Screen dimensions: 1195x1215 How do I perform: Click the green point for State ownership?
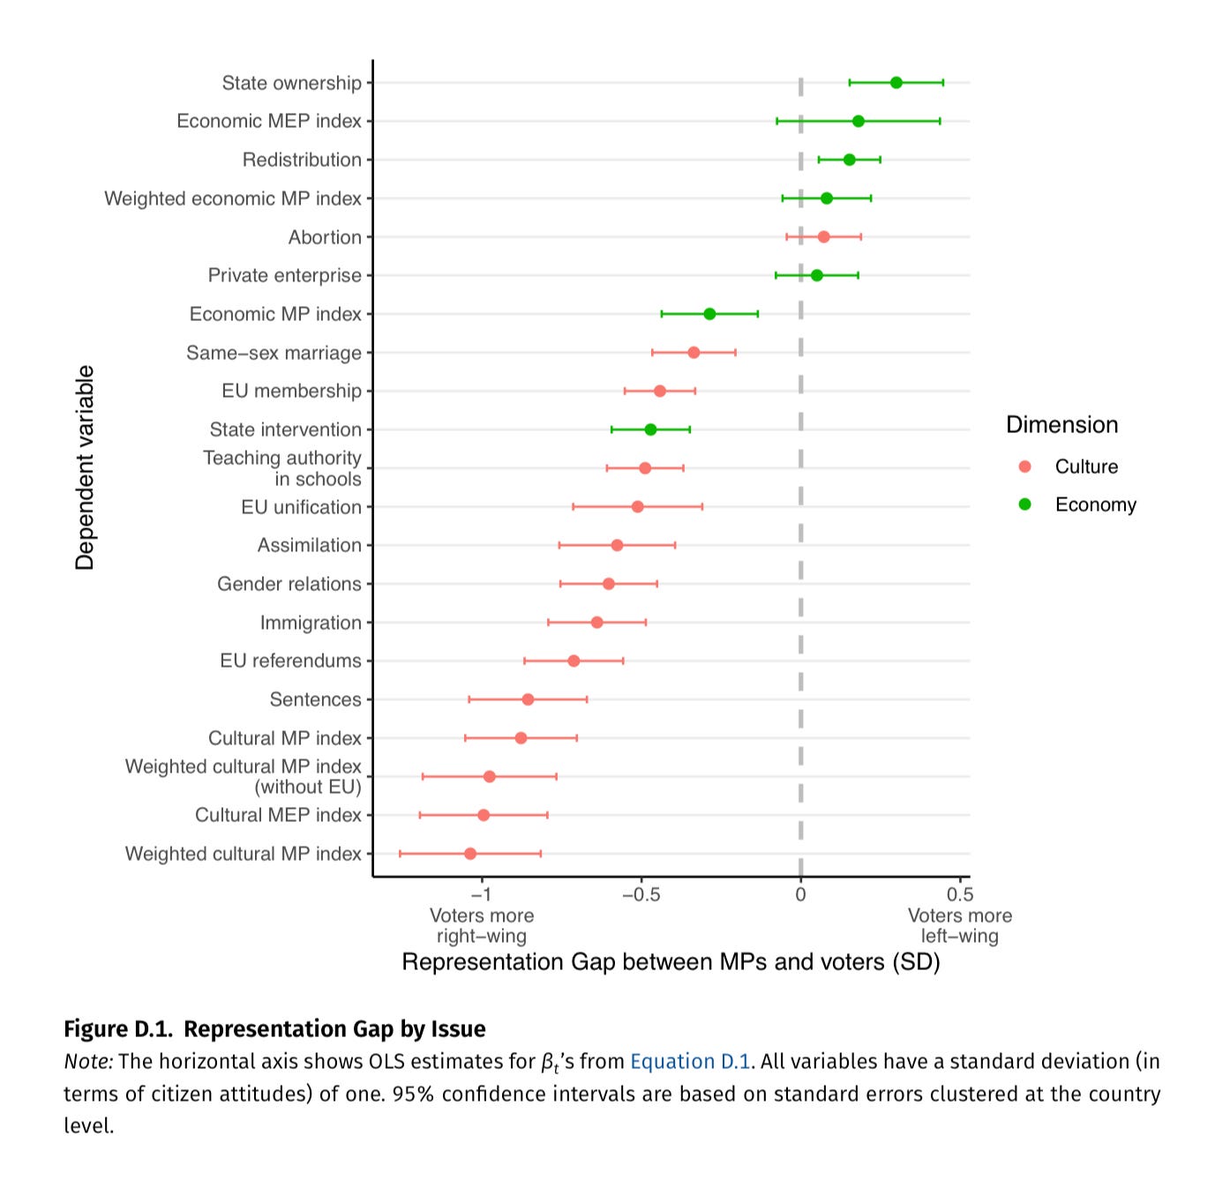(896, 83)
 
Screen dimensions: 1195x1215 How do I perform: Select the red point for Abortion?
(823, 237)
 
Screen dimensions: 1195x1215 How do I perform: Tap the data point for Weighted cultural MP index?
(470, 854)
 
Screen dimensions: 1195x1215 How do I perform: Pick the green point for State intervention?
(650, 429)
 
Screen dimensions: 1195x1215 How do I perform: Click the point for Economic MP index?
(709, 314)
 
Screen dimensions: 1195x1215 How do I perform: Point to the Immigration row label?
(311, 623)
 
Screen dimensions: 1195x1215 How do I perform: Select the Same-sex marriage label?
(274, 353)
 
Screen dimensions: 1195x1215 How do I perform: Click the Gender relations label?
(289, 584)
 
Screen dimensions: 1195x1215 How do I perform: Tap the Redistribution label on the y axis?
(302, 160)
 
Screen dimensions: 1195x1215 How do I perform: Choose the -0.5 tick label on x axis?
(641, 895)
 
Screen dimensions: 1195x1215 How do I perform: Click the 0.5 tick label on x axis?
(959, 895)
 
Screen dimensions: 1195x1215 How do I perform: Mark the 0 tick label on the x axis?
(800, 895)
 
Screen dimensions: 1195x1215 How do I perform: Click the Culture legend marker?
(1024, 467)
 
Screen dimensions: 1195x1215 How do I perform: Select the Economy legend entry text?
(1095, 504)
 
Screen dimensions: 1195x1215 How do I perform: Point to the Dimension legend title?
(1061, 425)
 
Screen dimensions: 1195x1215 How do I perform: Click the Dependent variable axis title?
(85, 467)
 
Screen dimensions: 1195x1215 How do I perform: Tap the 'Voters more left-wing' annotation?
(959, 926)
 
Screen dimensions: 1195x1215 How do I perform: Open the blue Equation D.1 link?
(689, 1062)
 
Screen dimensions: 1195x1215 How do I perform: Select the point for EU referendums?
(574, 661)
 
